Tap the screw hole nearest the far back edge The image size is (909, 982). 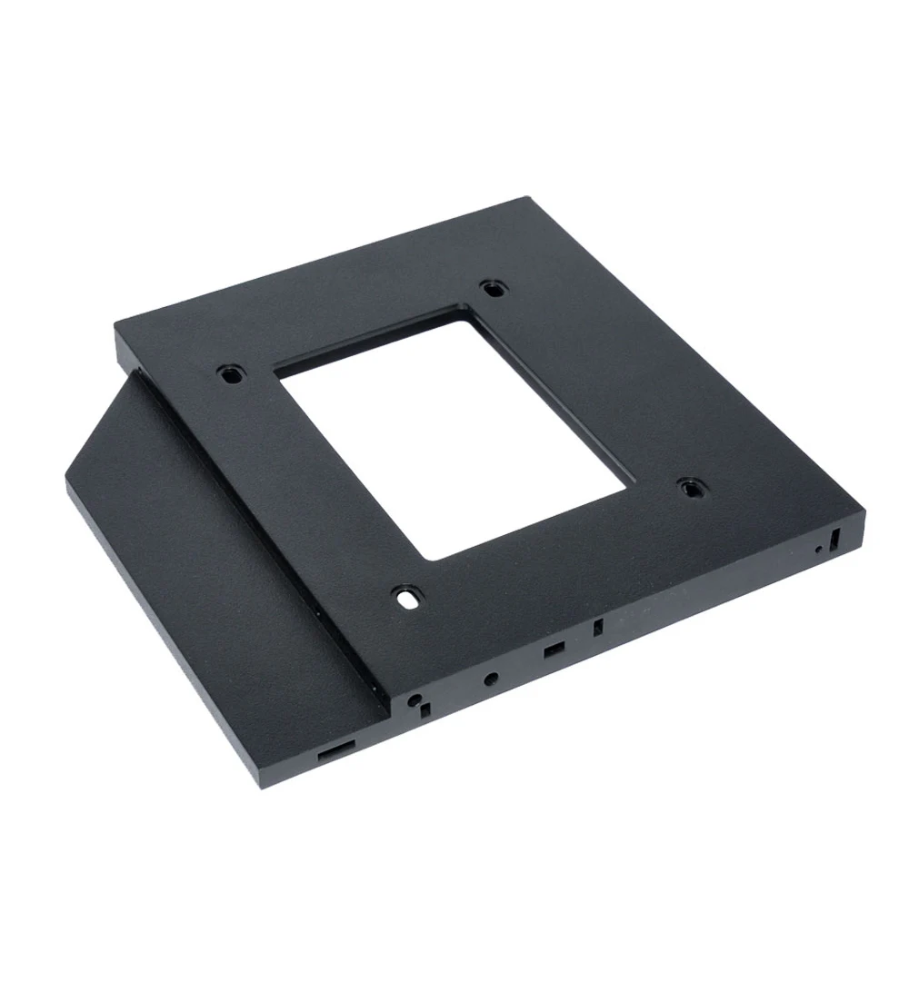click(494, 288)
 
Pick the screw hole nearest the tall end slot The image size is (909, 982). click(691, 488)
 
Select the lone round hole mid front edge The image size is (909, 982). click(492, 678)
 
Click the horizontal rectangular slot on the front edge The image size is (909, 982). click(552, 651)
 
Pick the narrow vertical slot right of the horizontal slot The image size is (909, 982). click(597, 628)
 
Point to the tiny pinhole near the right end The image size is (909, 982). click(819, 550)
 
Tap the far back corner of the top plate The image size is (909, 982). click(526, 197)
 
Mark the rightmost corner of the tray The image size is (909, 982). click(864, 515)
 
